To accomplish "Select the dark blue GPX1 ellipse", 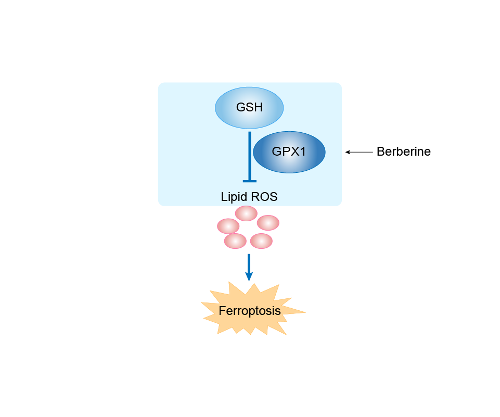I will tap(289, 151).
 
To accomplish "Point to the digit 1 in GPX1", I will tap(303, 152).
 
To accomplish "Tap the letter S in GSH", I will tap(249, 108).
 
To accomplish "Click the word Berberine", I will tap(403, 152).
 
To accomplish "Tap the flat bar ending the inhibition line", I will tap(250, 181).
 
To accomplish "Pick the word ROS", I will tap(265, 197).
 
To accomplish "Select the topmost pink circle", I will tap(246, 213).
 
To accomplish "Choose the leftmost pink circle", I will tap(228, 226).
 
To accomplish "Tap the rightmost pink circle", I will tap(268, 222).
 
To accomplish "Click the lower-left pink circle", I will tap(235, 241).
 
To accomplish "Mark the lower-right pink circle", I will tap(261, 241).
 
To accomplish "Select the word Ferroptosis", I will tap(250, 311).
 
